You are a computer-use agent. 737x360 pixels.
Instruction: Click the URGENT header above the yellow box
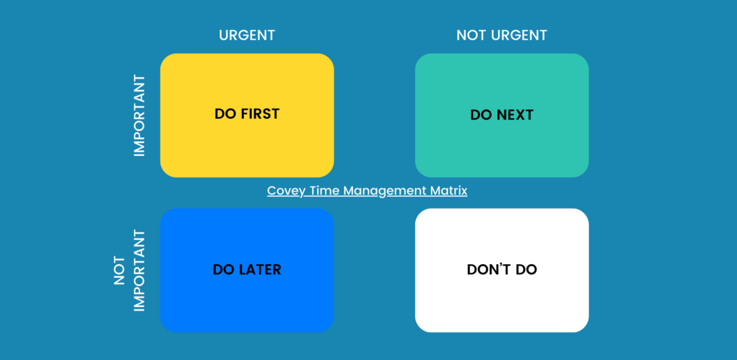tap(247, 35)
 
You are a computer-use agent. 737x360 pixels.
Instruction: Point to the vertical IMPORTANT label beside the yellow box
tap(140, 116)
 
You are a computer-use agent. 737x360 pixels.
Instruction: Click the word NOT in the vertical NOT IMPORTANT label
tap(121, 271)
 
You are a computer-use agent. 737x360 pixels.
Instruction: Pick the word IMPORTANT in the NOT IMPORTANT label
tap(140, 271)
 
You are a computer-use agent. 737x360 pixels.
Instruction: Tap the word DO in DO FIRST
tap(225, 114)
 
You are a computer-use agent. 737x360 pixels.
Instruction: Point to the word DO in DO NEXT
tap(480, 115)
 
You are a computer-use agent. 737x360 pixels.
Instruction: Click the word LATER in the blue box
tap(258, 270)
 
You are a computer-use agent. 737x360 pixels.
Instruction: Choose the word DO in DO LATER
tap(223, 270)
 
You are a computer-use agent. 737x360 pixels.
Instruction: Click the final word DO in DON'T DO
tap(527, 270)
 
